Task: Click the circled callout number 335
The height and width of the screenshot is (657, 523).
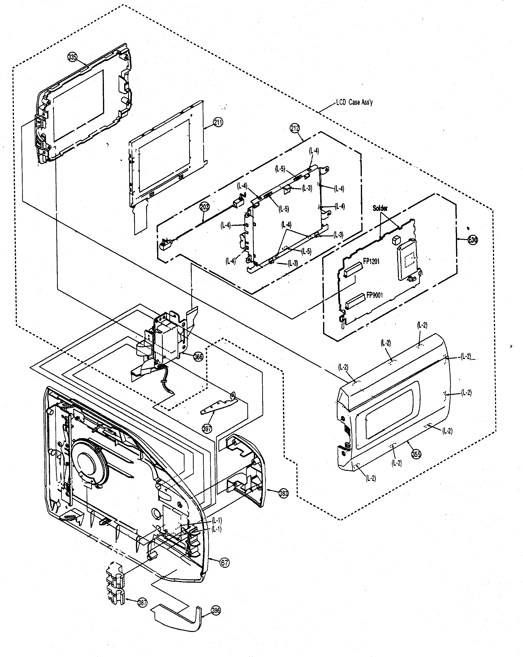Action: pos(73,57)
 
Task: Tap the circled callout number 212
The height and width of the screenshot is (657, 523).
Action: pos(295,128)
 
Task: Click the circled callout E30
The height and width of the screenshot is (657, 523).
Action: pos(473,240)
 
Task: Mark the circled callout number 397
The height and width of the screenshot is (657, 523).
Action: pos(207,429)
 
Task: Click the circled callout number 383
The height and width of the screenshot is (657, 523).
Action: pos(283,493)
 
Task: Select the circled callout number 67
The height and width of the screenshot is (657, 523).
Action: pos(225,562)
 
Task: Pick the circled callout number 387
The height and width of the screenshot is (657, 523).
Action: pos(142,602)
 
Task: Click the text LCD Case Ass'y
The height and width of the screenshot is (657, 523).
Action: pos(354,102)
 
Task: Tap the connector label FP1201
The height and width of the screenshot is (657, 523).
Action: pos(371,261)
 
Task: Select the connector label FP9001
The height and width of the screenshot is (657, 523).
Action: pos(374,295)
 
